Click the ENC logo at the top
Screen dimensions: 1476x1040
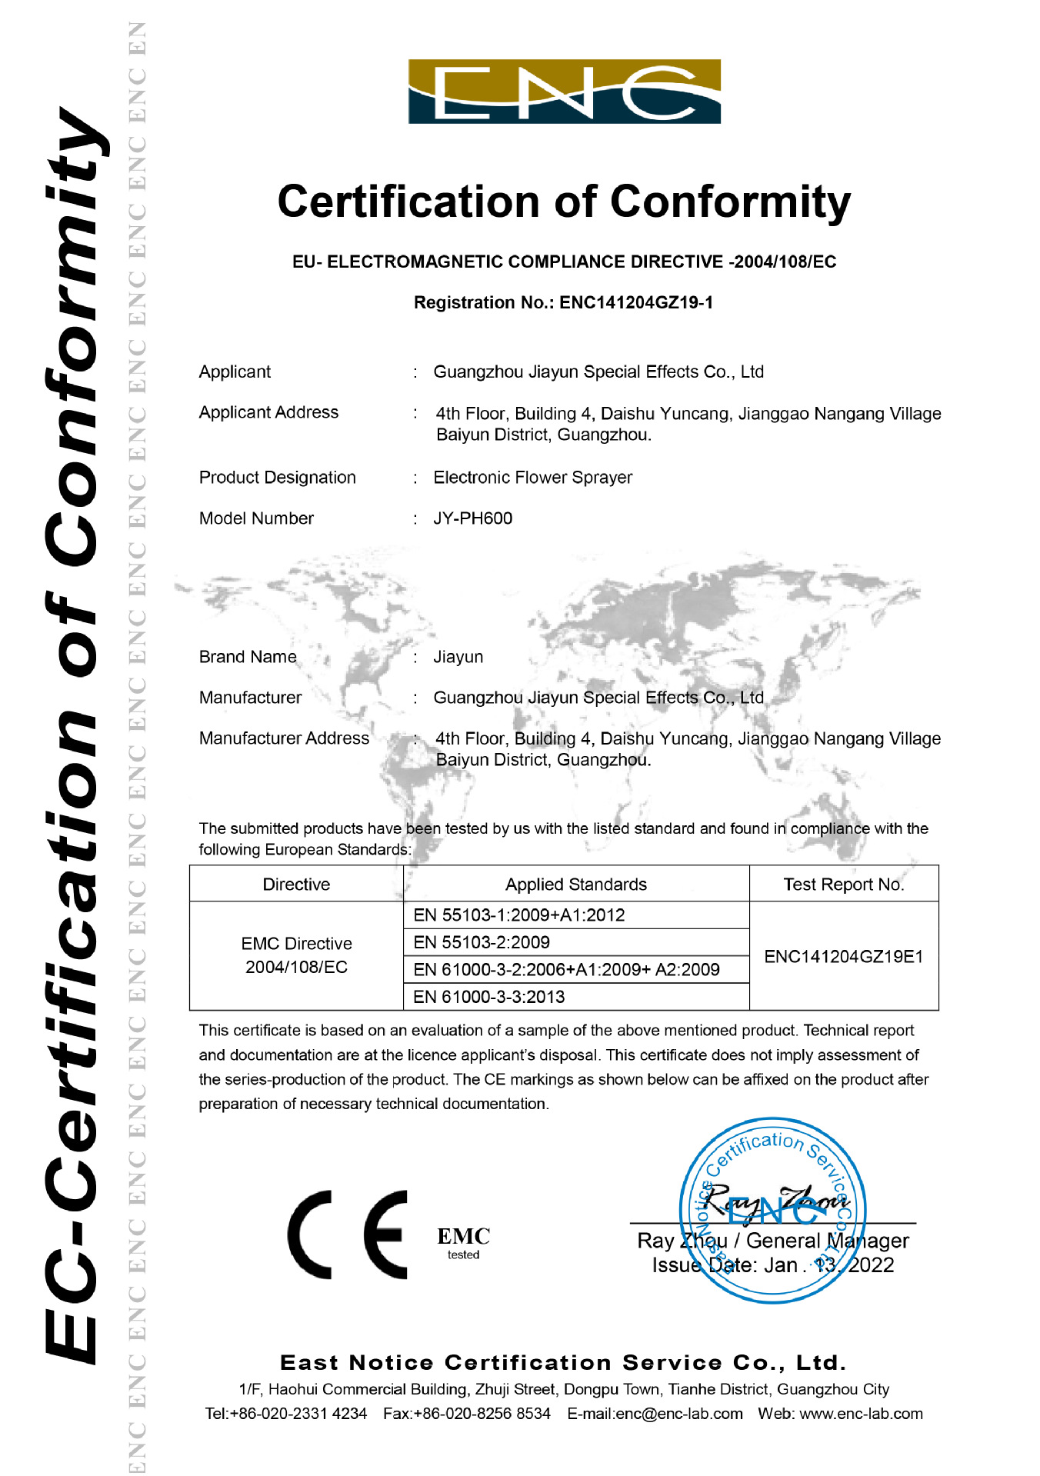pyautogui.click(x=564, y=92)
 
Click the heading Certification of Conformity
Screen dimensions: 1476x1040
pyautogui.click(x=564, y=202)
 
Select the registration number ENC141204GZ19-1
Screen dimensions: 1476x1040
pyautogui.click(x=636, y=302)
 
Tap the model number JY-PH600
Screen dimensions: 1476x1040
pyautogui.click(x=472, y=518)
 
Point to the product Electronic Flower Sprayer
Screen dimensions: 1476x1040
pyautogui.click(x=532, y=478)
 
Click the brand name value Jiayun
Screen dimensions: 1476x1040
pyautogui.click(x=458, y=657)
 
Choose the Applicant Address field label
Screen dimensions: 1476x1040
pyautogui.click(x=268, y=412)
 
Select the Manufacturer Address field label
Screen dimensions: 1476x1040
pyautogui.click(x=284, y=738)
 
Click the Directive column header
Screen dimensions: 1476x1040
pyautogui.click(x=296, y=885)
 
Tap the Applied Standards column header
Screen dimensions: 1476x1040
pyautogui.click(x=575, y=885)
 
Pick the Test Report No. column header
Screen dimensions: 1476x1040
pyautogui.click(x=843, y=885)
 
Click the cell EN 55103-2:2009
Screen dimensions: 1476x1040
pyautogui.click(x=482, y=942)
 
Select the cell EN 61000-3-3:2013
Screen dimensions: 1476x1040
pyautogui.click(x=488, y=997)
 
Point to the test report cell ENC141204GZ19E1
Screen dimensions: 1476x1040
pyautogui.click(x=843, y=956)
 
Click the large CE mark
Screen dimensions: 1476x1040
pyautogui.click(x=348, y=1234)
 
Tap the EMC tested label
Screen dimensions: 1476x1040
pyautogui.click(x=463, y=1242)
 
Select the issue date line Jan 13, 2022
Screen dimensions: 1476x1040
pyautogui.click(x=772, y=1265)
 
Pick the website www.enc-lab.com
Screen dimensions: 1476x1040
pyautogui.click(x=861, y=1414)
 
